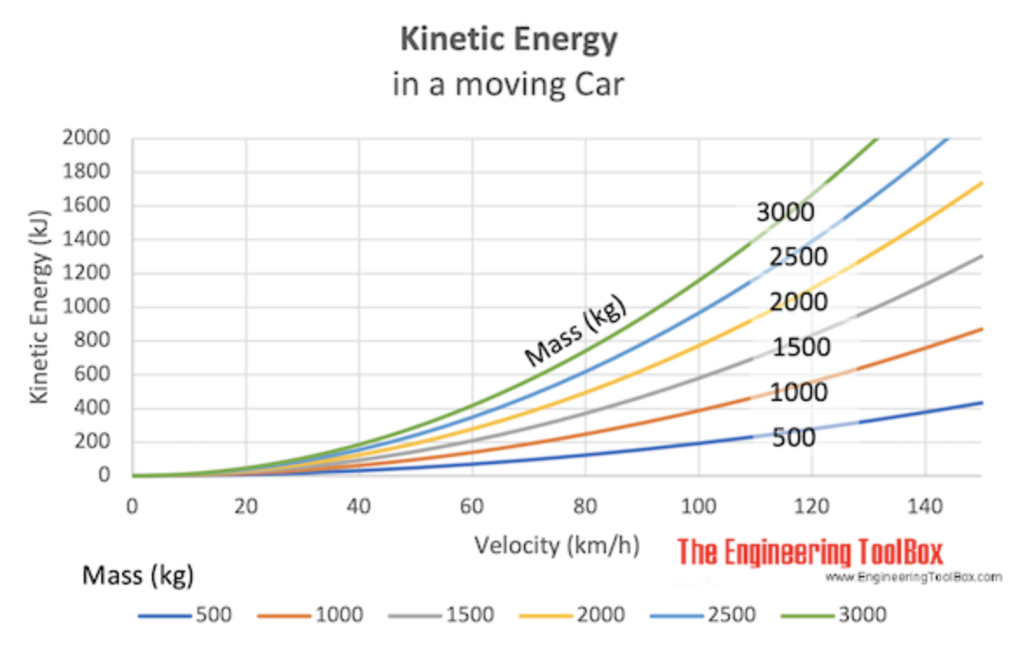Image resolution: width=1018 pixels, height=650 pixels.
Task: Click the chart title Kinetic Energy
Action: tap(508, 40)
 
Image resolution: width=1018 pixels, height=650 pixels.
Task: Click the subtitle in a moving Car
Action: tap(508, 86)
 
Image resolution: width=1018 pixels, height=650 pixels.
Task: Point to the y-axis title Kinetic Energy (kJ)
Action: tap(38, 306)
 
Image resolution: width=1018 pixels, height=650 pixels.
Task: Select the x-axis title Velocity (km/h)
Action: tap(557, 546)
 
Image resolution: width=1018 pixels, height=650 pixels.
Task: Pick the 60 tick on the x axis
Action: tap(472, 506)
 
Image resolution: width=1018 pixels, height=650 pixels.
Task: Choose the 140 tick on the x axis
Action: tap(925, 506)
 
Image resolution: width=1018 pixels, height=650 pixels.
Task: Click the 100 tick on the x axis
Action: tap(698, 506)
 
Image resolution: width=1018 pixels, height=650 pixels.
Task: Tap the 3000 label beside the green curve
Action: tap(785, 212)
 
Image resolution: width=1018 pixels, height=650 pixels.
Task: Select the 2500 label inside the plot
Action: tap(798, 258)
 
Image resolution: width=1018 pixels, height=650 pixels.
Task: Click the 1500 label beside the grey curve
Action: tap(801, 348)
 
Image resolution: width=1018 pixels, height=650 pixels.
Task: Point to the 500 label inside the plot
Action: tap(794, 437)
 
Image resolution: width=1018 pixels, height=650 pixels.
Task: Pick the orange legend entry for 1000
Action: tap(311, 615)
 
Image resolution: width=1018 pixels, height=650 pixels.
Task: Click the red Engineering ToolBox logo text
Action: tap(810, 552)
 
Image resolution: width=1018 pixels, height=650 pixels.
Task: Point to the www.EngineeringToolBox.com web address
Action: tap(913, 577)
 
